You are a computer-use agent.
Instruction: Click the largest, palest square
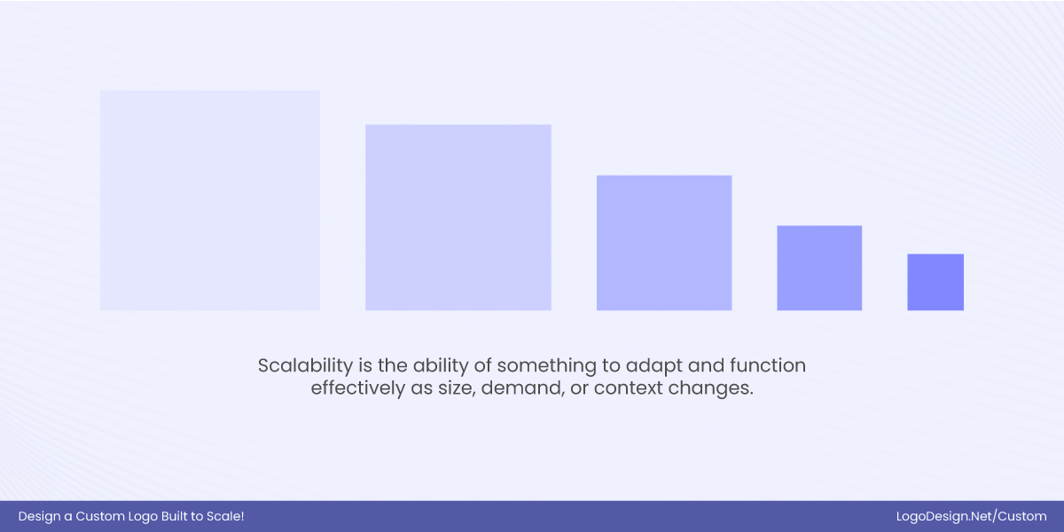210,200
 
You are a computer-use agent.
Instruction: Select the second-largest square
458,217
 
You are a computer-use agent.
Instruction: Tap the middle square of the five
664,243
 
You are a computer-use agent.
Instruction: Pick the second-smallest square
819,268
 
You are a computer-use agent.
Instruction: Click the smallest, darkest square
935,282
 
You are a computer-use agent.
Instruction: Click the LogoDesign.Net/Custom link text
972,516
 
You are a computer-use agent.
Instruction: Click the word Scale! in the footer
224,516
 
